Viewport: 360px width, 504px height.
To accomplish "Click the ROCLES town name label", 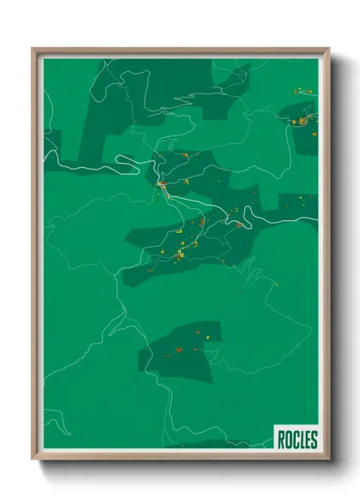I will (297, 440).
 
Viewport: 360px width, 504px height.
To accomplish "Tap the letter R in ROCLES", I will (282, 440).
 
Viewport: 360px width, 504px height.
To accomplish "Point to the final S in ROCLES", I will (314, 440).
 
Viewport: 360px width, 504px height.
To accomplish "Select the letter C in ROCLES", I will (295, 440).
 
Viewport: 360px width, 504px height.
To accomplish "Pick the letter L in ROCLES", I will (301, 440).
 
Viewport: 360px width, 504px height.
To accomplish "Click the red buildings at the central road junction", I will (160, 183).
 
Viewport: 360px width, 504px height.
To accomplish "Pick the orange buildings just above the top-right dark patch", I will (299, 90).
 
